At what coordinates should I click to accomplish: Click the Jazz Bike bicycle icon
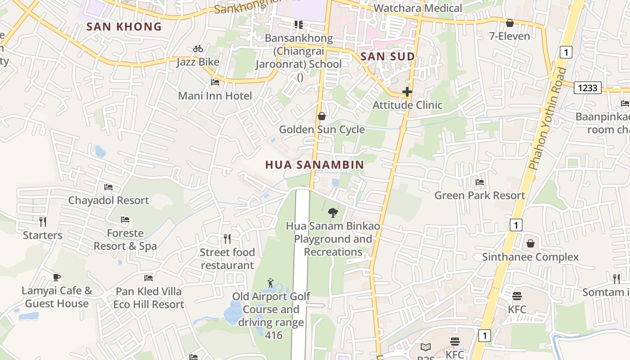point(198,49)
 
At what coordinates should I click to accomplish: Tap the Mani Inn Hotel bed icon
point(215,82)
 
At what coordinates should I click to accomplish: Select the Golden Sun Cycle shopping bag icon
point(322,116)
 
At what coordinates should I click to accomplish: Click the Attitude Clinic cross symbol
point(407,92)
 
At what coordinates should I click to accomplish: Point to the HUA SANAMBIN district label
point(314,165)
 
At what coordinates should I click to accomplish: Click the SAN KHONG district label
point(124,27)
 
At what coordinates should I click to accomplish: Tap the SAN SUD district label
point(387,57)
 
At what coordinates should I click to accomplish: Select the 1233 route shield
point(588,88)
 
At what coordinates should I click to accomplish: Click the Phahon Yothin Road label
point(547,119)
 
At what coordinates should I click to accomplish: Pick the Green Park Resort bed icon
point(480,182)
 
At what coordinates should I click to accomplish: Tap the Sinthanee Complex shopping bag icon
point(531,243)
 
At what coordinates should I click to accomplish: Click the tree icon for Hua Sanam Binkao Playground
point(333,212)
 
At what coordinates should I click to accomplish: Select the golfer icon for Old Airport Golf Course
point(270,283)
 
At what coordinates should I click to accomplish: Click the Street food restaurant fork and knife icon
point(227,238)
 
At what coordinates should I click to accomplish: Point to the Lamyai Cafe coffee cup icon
point(56,277)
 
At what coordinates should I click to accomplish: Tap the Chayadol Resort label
point(108,200)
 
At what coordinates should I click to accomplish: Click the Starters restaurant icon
point(43,221)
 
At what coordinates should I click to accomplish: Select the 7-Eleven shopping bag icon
point(510,22)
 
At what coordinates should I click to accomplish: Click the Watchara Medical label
point(418,8)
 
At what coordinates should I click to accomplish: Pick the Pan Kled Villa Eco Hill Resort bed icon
point(148,278)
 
